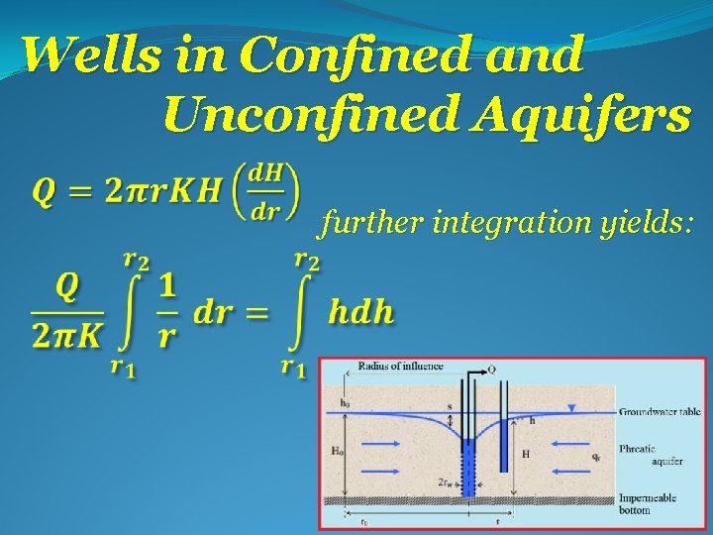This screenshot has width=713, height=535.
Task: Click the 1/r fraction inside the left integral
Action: pyautogui.click(x=167, y=311)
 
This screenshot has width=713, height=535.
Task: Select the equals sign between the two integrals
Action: pyautogui.click(x=257, y=313)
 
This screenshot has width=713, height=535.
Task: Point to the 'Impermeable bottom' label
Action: pyautogui.click(x=648, y=503)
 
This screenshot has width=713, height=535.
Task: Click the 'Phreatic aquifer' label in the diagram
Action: pyautogui.click(x=650, y=453)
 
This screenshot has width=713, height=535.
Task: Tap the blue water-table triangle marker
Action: pyautogui.click(x=570, y=408)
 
